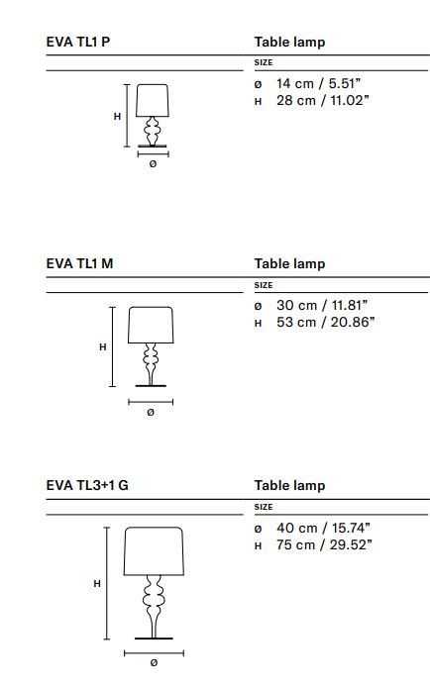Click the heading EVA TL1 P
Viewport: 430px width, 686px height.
[78, 42]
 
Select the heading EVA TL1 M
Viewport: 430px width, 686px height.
[79, 264]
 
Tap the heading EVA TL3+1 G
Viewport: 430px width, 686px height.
[87, 486]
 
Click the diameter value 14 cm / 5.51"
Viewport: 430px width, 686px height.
[319, 83]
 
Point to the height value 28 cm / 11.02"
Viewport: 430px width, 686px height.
[323, 101]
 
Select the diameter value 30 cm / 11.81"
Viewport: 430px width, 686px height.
[322, 305]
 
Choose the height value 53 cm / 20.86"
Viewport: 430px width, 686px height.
[326, 323]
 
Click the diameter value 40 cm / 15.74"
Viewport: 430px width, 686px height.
[324, 528]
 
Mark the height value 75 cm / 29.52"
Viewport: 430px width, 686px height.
[324, 545]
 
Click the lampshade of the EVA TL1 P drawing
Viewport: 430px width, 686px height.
[153, 101]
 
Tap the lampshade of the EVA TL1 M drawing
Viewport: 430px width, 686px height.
[151, 325]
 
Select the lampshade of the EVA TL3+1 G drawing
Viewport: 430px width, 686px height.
[154, 550]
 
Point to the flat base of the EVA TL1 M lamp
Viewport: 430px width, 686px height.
[151, 386]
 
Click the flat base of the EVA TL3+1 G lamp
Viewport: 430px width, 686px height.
[154, 638]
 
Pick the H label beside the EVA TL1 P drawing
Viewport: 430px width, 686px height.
[117, 117]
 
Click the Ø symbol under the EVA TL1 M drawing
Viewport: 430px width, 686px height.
[151, 412]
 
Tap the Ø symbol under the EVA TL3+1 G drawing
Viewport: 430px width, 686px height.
[154, 663]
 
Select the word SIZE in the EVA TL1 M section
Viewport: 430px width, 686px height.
[264, 285]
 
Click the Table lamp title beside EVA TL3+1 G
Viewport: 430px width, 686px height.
[290, 486]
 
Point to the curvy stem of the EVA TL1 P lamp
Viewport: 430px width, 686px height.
[153, 131]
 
